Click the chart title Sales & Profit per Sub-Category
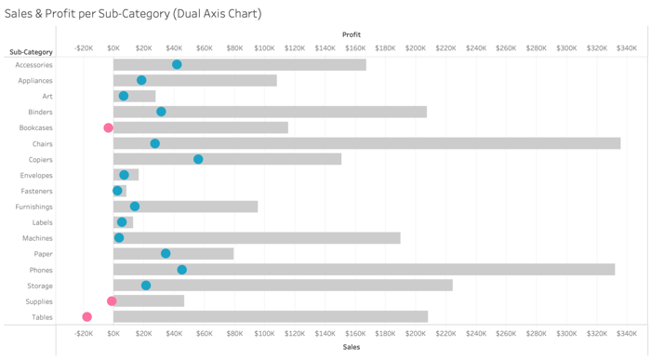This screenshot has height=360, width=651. coord(133,14)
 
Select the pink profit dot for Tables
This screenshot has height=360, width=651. coord(87,317)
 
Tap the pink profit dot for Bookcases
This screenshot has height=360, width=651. coord(108,128)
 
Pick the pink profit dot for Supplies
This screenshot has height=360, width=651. coord(112,301)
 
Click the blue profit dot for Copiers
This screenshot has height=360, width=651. coord(198,159)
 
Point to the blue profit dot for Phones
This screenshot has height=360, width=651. coord(182,270)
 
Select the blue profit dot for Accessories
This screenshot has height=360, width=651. coord(177,65)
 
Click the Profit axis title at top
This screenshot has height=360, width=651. coord(352,34)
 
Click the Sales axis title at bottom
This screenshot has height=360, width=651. coord(352,347)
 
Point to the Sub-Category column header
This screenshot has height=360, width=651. coord(31,52)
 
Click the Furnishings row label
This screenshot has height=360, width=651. coord(34,207)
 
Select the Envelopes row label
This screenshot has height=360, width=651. coord(36,175)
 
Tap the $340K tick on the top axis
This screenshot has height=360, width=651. coord(626,47)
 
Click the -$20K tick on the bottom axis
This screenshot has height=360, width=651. coord(84,333)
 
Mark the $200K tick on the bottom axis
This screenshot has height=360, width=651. coord(416,333)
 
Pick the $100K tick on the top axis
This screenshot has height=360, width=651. coord(265,47)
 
